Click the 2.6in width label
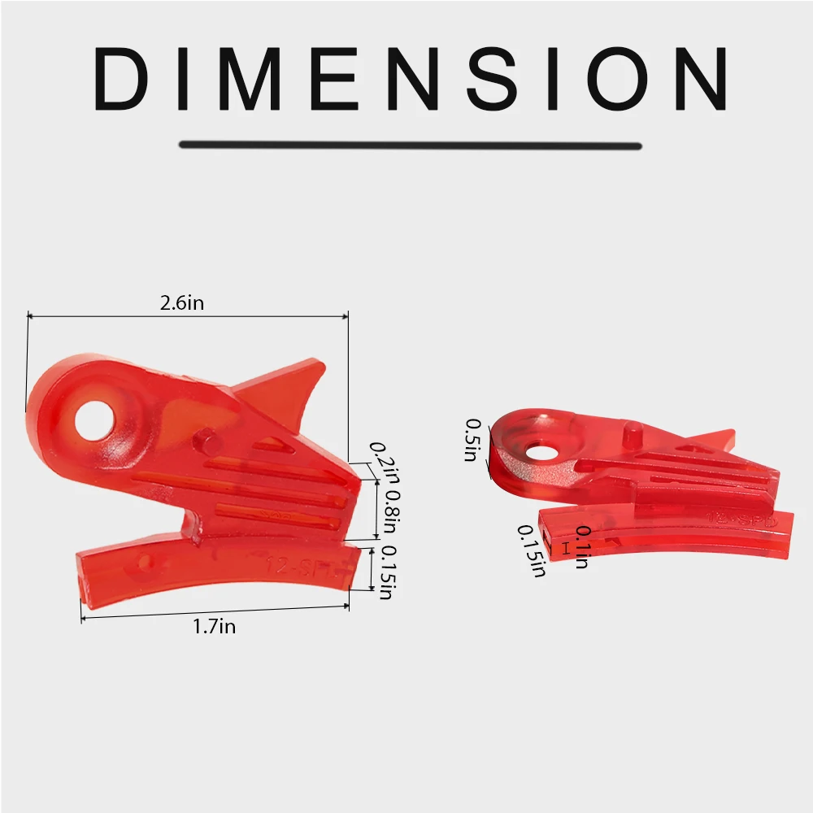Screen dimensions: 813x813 182,303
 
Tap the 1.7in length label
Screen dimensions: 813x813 215,626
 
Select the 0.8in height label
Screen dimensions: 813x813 391,511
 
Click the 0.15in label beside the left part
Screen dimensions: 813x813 386,573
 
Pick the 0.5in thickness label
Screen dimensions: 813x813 471,440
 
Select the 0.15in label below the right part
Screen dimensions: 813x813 531,550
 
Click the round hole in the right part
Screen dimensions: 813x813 537,450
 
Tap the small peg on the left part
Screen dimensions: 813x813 209,444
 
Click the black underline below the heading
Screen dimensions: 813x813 411,146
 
